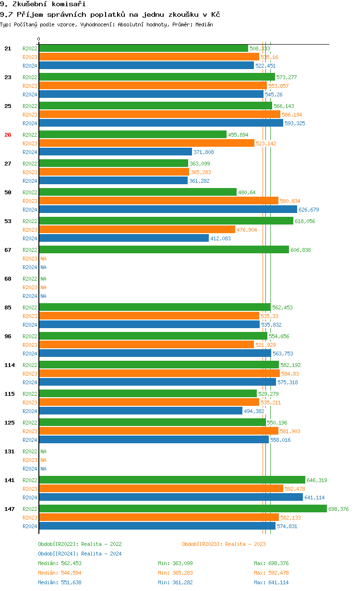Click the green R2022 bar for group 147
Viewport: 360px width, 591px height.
point(182,508)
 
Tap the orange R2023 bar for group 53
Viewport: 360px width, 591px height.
point(137,229)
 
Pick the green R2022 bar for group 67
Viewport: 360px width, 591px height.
point(164,249)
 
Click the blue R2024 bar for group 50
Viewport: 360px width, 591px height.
point(168,209)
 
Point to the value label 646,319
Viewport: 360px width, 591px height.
point(317,480)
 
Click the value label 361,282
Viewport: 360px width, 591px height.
point(199,181)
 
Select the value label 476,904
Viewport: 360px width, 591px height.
point(247,230)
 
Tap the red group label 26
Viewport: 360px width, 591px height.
point(8,135)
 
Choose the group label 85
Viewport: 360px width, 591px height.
point(8,307)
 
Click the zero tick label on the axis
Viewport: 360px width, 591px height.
point(39,39)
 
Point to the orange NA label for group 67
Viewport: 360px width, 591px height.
point(43,259)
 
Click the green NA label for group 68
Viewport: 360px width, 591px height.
point(43,279)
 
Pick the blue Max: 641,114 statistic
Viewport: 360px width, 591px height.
point(271,582)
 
